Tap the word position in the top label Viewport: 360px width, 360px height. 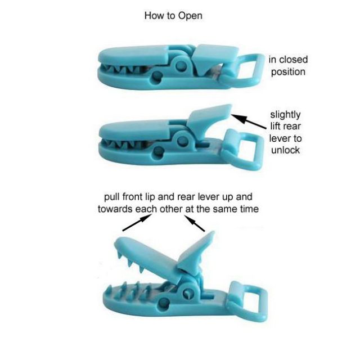coord(287,71)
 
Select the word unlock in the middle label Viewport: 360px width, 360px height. coord(284,150)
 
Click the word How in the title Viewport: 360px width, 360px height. coord(154,16)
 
